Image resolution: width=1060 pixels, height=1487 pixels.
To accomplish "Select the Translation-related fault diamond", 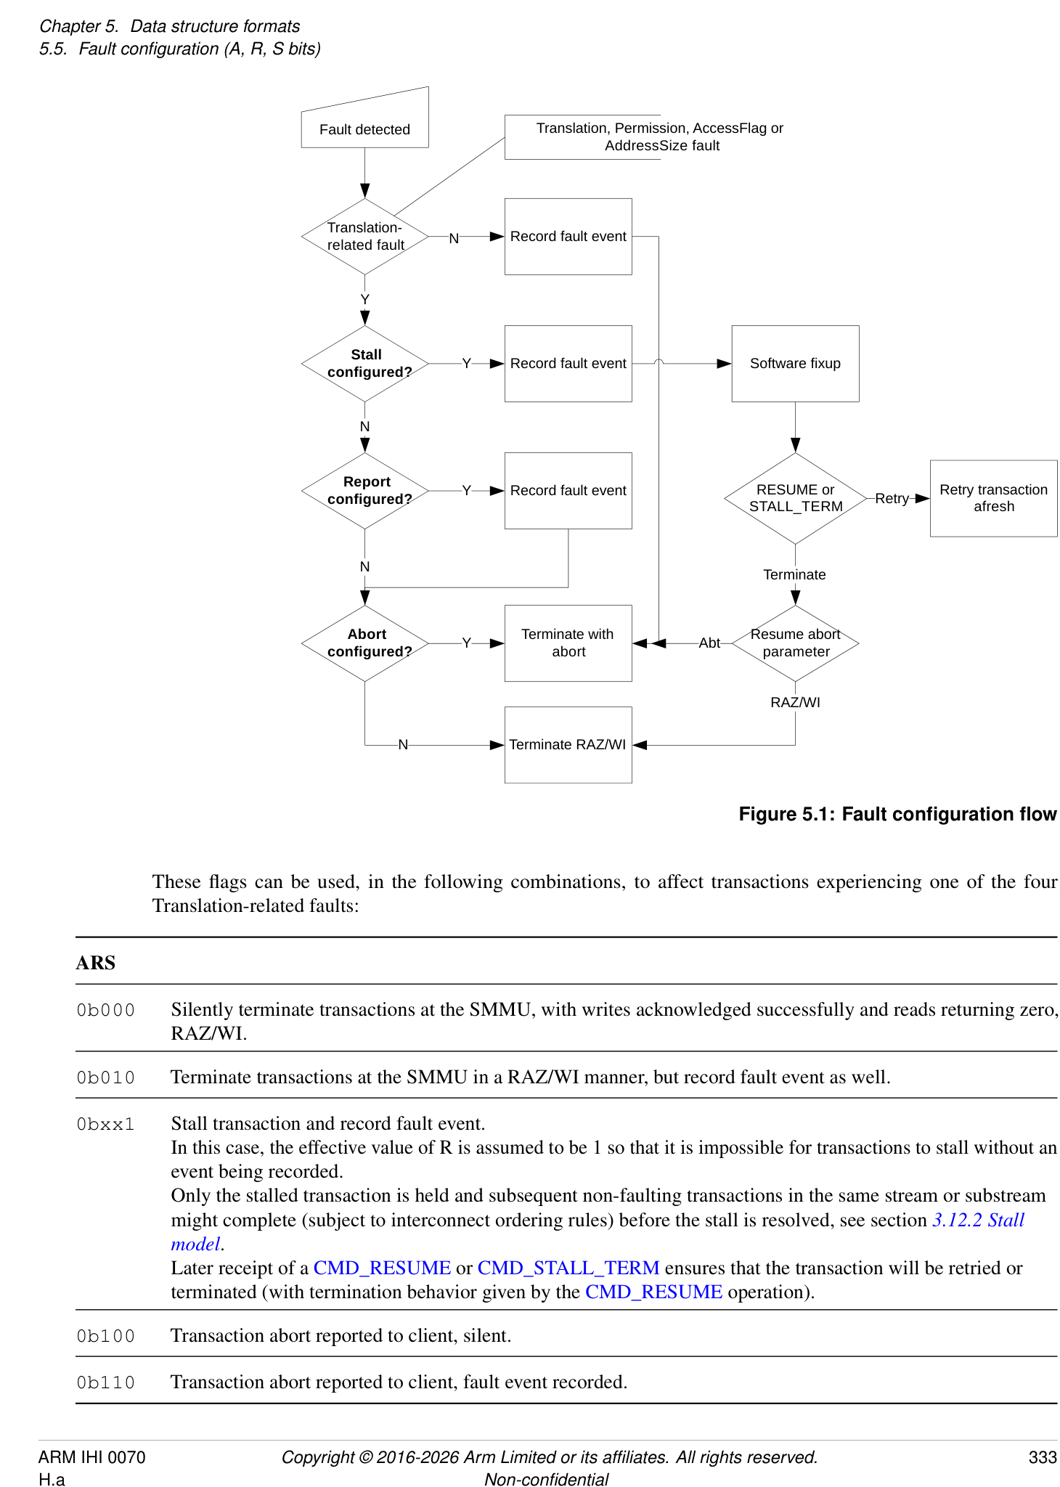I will (364, 237).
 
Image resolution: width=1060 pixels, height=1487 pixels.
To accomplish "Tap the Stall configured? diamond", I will (364, 363).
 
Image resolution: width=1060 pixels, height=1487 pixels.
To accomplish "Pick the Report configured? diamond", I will (364, 491).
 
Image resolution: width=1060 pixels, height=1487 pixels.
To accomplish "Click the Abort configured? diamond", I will (364, 643).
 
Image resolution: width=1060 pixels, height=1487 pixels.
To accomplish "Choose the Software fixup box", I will (795, 363).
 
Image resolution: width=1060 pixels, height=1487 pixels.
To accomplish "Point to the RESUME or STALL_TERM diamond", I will (795, 498).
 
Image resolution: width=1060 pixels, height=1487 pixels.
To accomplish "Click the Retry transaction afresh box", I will (993, 498).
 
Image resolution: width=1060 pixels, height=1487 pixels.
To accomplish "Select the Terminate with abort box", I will (568, 643).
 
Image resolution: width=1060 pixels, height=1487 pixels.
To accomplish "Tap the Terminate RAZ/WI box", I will (568, 745).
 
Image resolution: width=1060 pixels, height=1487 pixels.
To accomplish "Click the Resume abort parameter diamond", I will (795, 643).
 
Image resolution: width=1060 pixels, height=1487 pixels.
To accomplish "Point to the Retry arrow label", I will (892, 498).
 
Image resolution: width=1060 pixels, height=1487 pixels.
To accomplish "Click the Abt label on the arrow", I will (709, 643).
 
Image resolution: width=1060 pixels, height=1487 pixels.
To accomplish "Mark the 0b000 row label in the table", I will (106, 1010).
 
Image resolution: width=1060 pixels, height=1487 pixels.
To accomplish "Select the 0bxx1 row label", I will (106, 1124).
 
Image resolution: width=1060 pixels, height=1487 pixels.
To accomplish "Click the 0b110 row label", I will (106, 1382).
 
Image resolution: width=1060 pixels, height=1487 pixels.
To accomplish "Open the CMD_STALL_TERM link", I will (568, 1268).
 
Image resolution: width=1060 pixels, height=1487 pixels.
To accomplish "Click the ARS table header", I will (96, 963).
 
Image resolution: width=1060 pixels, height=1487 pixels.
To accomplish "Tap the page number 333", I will (1043, 1457).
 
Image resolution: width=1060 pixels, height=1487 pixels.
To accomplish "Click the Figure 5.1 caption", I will (897, 814).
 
